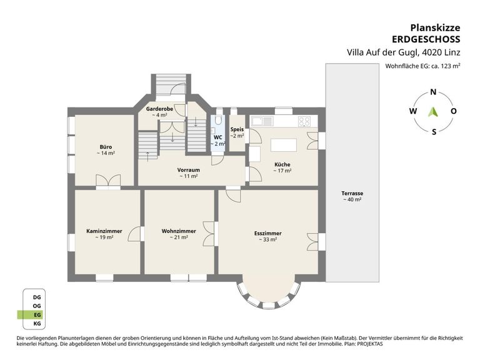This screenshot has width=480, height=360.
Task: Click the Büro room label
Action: [x=106, y=147]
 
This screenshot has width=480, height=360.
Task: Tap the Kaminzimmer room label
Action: [x=104, y=231]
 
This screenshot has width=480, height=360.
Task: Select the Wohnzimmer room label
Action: [x=179, y=231]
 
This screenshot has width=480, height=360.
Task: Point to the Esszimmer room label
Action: [x=268, y=233]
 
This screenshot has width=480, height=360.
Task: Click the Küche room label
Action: [x=282, y=165]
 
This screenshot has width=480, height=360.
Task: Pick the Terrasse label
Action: [x=352, y=194]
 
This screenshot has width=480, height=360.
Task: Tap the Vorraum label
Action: [x=189, y=170]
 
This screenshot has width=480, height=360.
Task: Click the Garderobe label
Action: [x=159, y=109]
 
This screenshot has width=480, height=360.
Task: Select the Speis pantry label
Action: [x=237, y=129]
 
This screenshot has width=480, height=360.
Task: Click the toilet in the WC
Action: [x=218, y=120]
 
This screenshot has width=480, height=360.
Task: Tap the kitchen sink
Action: [x=262, y=121]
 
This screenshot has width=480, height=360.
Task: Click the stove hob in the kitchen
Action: [x=304, y=121]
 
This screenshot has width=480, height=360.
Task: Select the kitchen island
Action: [x=284, y=145]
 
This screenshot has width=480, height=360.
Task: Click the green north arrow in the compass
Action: [x=433, y=112]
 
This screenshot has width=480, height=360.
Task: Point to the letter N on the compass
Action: [x=433, y=92]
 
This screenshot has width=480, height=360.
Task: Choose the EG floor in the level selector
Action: [x=37, y=315]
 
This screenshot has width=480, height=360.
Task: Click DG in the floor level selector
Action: [x=37, y=297]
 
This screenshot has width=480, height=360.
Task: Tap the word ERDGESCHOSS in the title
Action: [x=426, y=39]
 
